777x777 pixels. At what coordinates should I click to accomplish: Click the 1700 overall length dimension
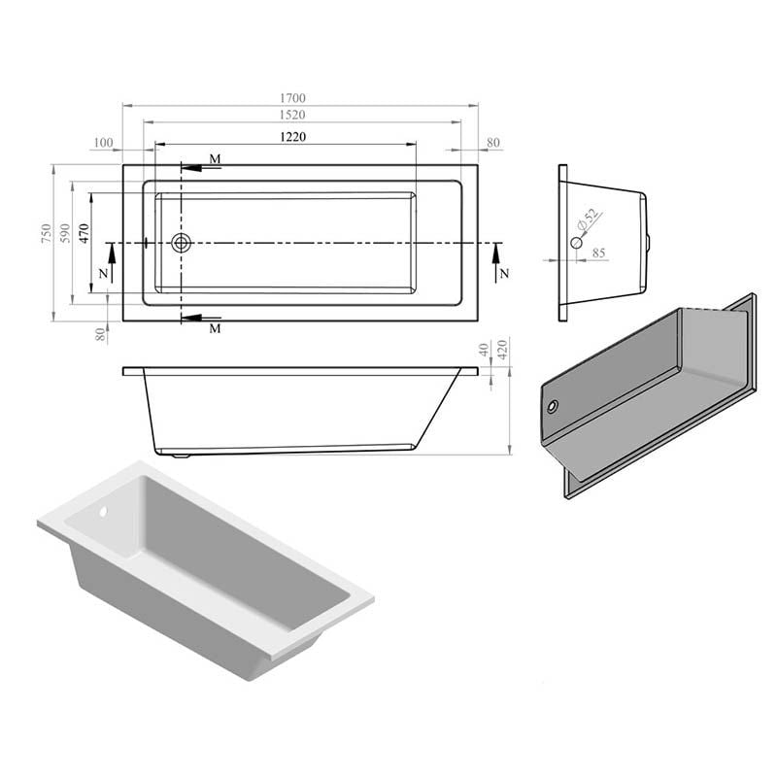point(293,98)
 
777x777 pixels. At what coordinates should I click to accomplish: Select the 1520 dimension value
point(292,115)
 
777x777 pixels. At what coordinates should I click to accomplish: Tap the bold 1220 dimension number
point(293,137)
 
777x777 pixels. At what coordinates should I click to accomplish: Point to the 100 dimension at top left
point(103,143)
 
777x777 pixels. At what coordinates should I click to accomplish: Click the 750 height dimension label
point(46,234)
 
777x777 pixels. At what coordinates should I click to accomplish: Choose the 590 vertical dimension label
point(65,233)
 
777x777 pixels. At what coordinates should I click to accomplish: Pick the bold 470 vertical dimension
point(84,233)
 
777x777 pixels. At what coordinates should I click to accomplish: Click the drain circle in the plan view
point(182,243)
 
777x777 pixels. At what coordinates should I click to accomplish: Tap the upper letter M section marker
point(215,159)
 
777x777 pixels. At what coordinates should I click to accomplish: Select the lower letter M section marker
point(215,328)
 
